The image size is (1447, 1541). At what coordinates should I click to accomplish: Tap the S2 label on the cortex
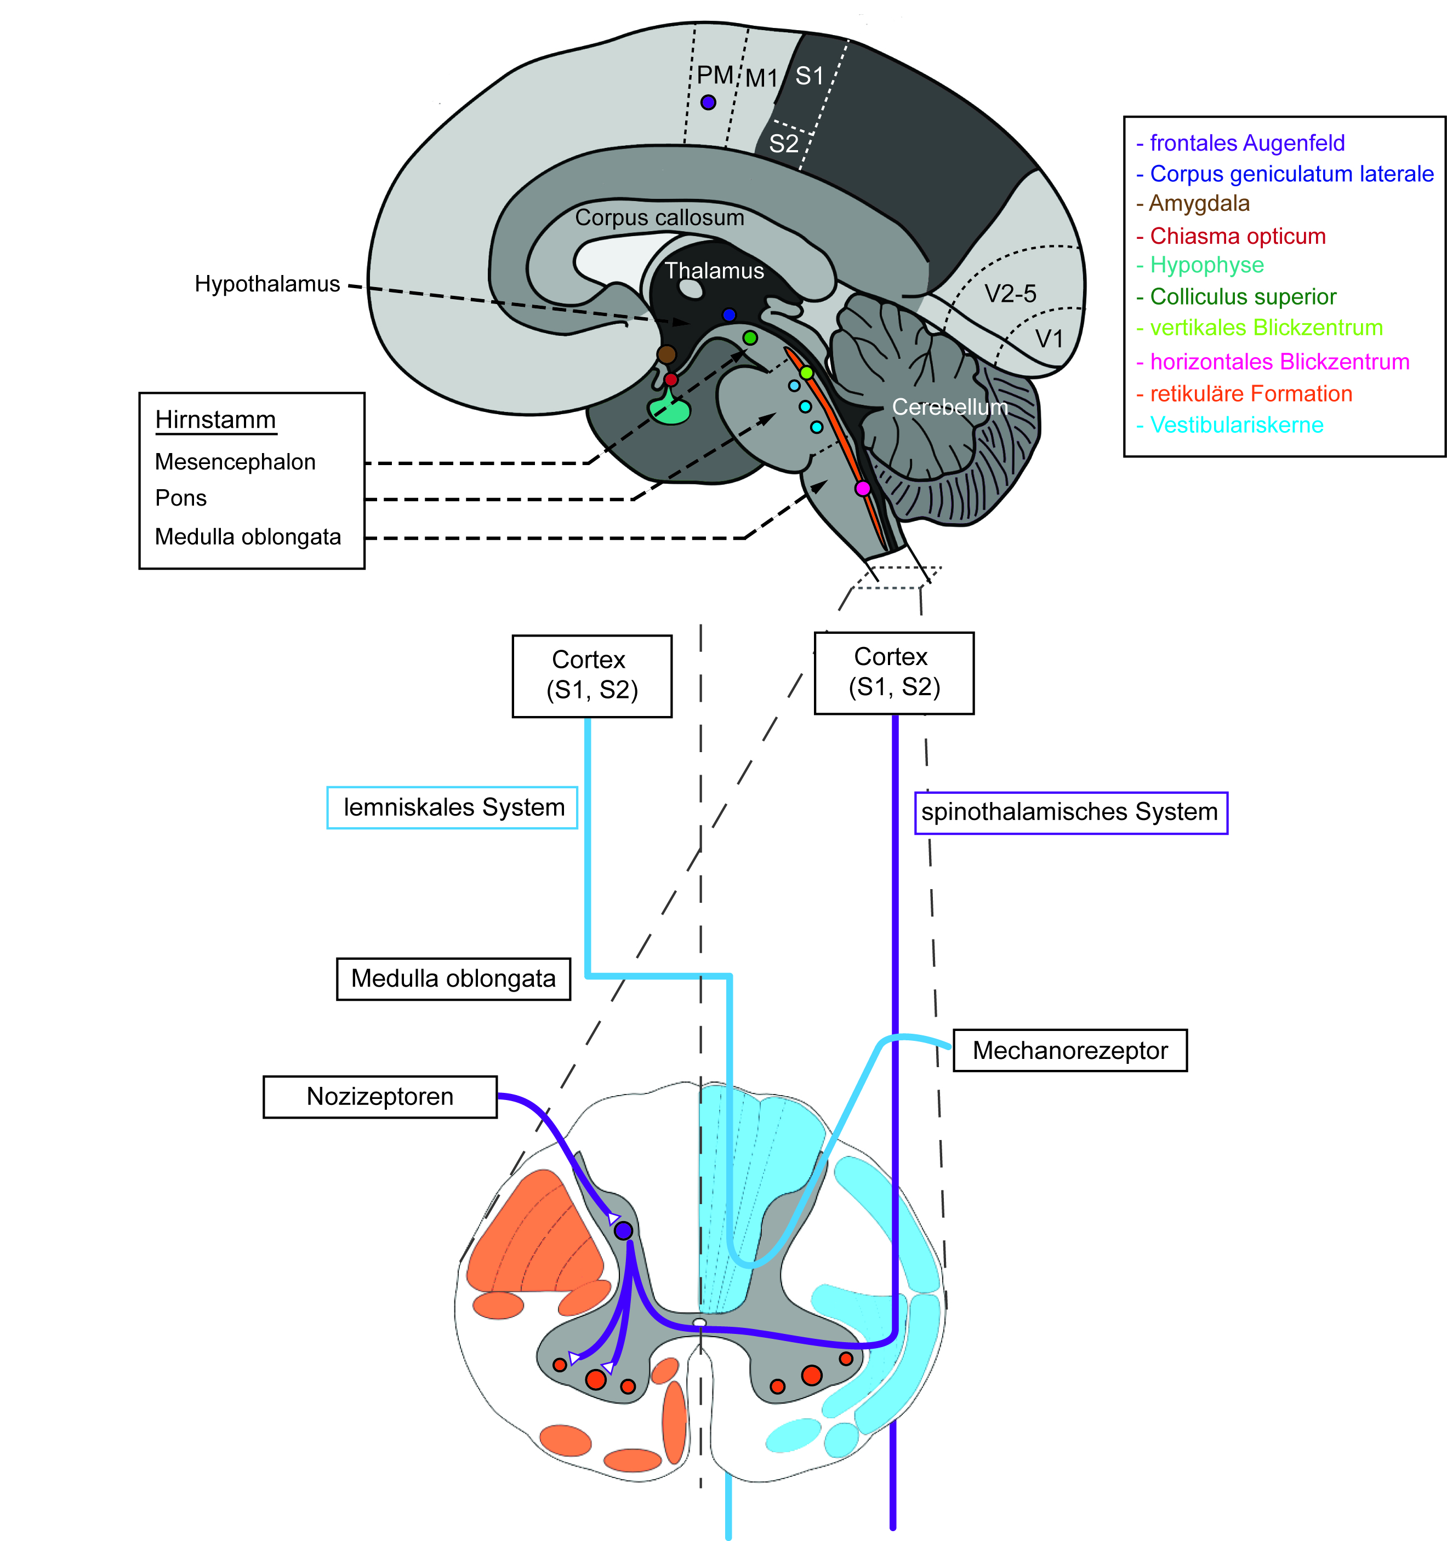click(x=783, y=144)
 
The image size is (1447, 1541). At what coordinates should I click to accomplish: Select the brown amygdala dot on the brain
click(x=666, y=354)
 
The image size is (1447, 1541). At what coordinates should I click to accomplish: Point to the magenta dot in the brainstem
click(x=862, y=488)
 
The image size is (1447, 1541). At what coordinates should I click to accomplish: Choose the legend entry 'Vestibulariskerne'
click(x=1230, y=425)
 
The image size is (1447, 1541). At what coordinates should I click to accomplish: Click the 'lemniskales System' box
click(x=452, y=807)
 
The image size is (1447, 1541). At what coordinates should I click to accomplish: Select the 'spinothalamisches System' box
click(x=1071, y=812)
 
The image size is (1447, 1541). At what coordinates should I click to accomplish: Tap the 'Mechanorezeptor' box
click(x=1070, y=1050)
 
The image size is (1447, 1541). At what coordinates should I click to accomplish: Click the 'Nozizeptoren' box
click(x=380, y=1097)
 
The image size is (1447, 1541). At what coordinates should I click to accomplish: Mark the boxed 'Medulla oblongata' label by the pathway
click(x=454, y=979)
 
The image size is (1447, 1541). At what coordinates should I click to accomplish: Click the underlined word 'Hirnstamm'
click(x=215, y=420)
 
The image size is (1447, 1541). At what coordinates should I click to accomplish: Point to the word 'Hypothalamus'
click(x=267, y=284)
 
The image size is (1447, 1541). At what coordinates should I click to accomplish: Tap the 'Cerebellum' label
click(x=950, y=407)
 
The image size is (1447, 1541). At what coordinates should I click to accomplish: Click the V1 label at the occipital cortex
click(x=1049, y=339)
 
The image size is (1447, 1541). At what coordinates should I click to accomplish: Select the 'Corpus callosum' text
click(x=659, y=218)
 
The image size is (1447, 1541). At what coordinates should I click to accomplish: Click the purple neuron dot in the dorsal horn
click(x=623, y=1230)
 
